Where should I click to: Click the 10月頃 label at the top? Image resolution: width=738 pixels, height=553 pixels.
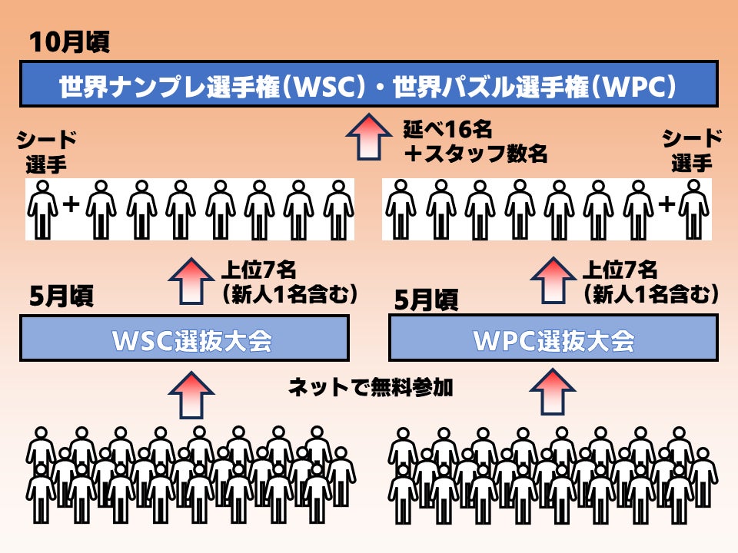click(x=68, y=42)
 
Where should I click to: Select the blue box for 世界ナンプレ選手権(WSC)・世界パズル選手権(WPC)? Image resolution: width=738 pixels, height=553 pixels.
click(x=369, y=85)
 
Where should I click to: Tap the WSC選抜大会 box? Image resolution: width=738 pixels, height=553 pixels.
click(x=184, y=339)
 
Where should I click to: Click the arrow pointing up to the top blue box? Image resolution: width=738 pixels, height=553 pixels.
click(x=368, y=136)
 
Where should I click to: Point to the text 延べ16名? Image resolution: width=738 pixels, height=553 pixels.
click(x=447, y=127)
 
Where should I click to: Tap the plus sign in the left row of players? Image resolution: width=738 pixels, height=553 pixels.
click(x=71, y=205)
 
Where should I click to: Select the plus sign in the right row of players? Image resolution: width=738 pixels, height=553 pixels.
click(x=667, y=205)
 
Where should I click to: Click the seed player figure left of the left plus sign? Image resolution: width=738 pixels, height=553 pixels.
click(x=43, y=209)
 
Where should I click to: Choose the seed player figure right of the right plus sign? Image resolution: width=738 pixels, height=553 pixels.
click(x=693, y=209)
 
